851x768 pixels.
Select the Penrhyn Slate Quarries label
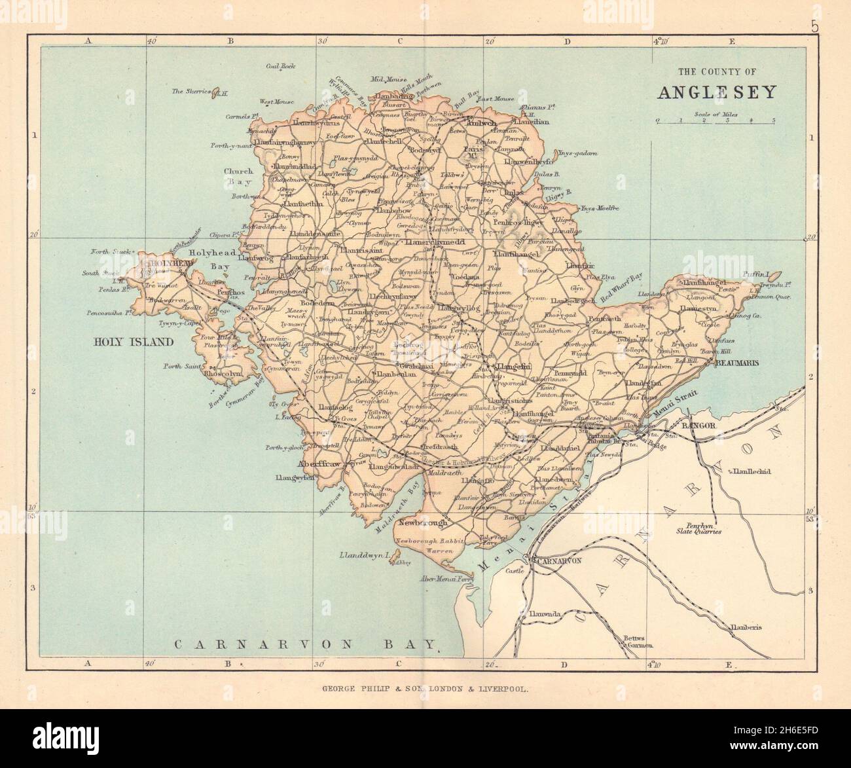(699, 529)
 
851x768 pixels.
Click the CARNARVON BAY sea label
(304, 645)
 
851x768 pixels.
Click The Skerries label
(191, 92)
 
